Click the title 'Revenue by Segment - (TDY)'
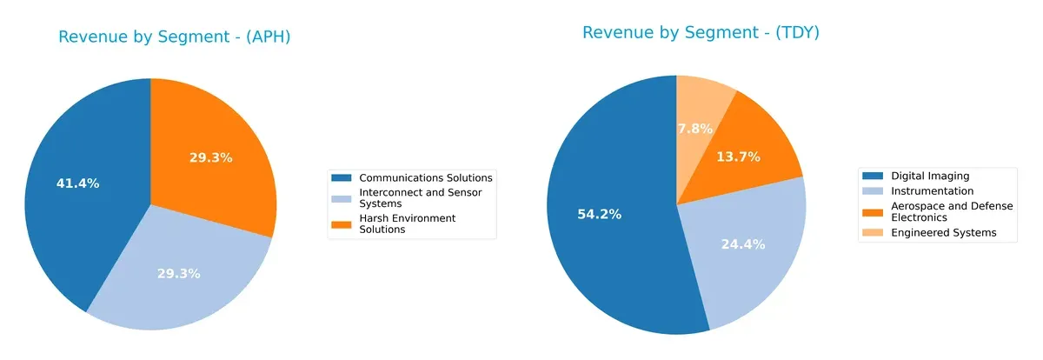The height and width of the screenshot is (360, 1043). tap(701, 33)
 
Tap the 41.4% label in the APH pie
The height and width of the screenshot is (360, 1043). tap(78, 183)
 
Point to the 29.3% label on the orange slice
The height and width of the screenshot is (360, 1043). tap(211, 157)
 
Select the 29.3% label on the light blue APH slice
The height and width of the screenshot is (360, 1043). tap(179, 273)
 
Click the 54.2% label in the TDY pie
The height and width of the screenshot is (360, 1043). tap(599, 214)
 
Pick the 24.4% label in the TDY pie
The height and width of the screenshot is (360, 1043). tap(743, 244)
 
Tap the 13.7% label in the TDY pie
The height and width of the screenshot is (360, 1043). tap(739, 157)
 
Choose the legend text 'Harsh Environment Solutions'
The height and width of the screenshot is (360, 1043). tap(408, 223)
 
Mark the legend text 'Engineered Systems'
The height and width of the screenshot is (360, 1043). tap(944, 232)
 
